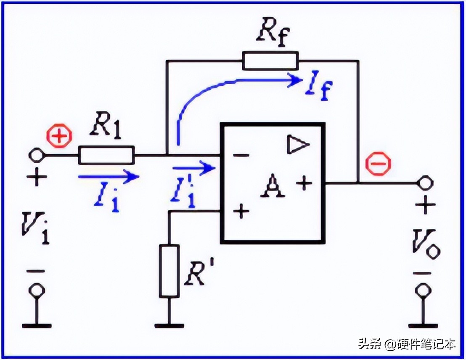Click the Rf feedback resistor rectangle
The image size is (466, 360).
point(270,61)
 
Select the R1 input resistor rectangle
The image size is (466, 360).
point(106,155)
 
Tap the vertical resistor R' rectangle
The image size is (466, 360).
point(169,271)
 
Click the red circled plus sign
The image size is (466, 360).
point(59,136)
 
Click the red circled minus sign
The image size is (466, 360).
point(378,163)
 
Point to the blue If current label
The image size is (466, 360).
point(318,86)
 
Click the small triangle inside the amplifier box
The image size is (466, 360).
point(298,145)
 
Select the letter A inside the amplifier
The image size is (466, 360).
point(273,186)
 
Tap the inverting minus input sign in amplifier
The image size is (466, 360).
point(241,155)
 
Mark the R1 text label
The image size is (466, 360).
point(106,128)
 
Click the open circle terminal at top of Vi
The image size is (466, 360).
point(37,155)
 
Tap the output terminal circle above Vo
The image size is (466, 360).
point(425,183)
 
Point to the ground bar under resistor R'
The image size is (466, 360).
point(169,326)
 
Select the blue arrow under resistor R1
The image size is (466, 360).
point(109,176)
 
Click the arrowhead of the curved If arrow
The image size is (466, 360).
point(295,79)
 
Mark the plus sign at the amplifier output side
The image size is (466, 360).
point(304,183)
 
